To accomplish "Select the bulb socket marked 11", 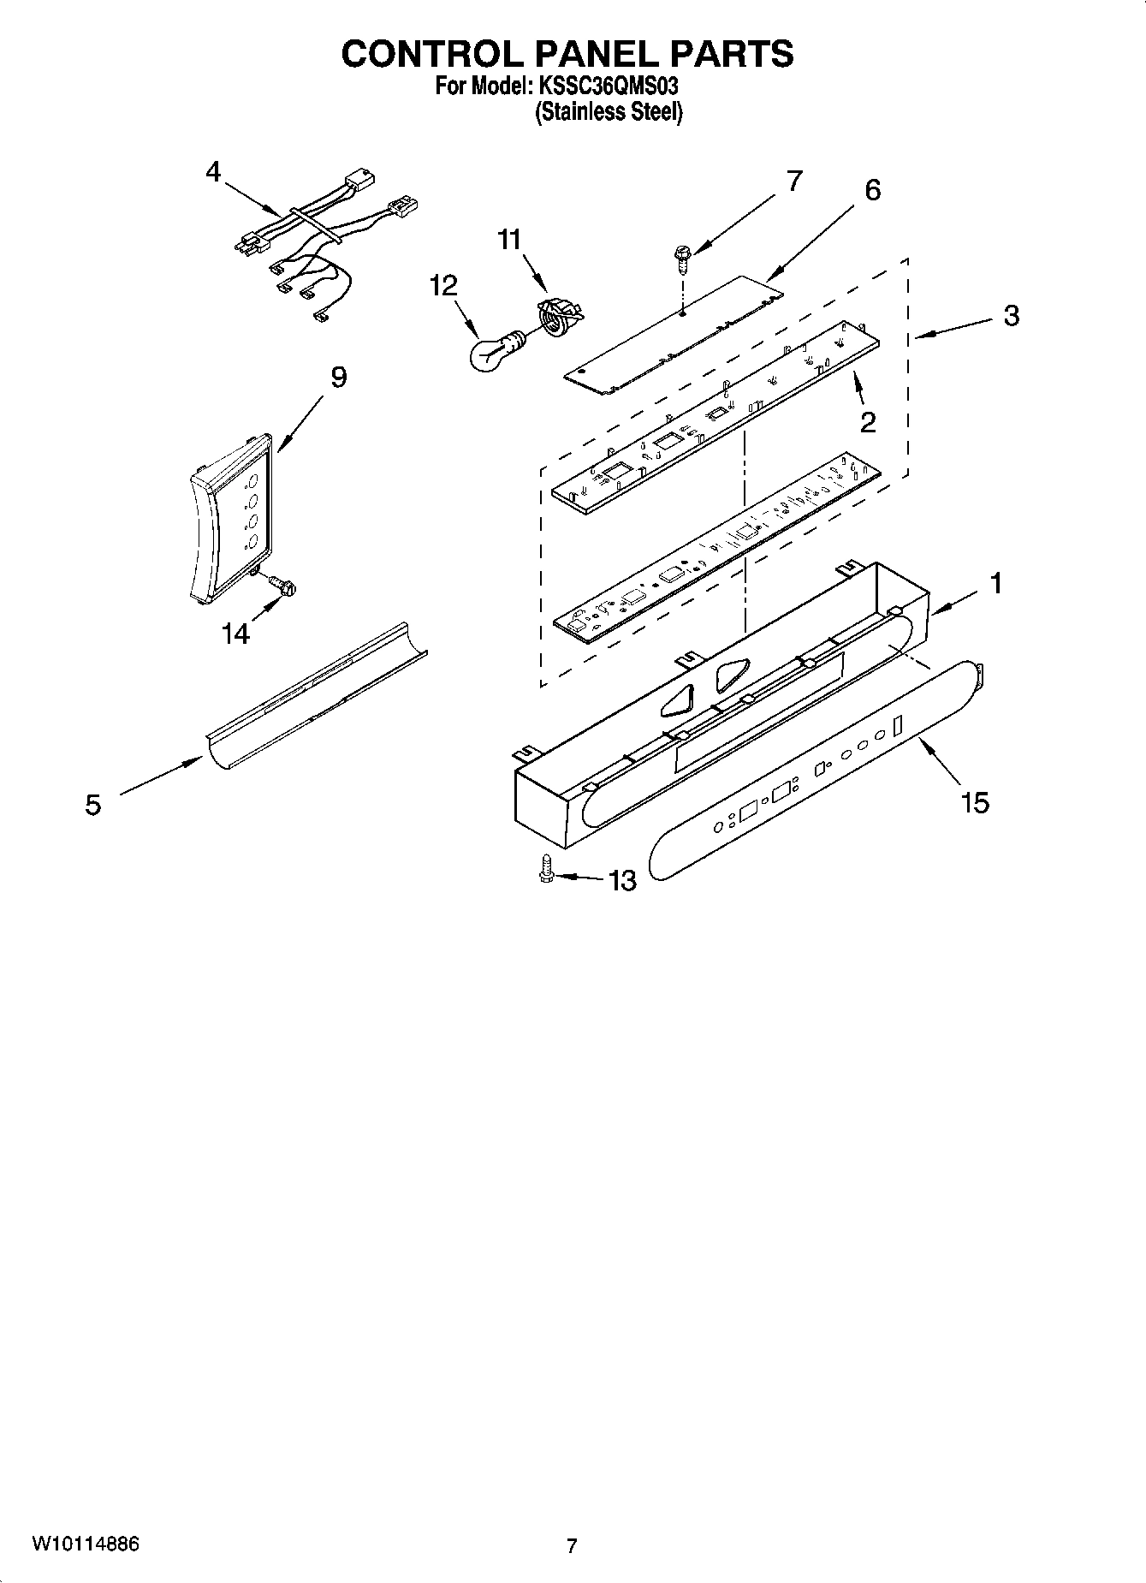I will [x=558, y=318].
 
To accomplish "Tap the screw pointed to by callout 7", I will [x=682, y=257].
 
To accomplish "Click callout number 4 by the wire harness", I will [x=213, y=172].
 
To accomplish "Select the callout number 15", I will [x=975, y=802].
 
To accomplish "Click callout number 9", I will [x=338, y=377].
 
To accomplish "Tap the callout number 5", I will [x=92, y=805].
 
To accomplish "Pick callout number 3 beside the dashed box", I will [x=1011, y=316].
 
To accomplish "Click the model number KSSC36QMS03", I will [x=609, y=86].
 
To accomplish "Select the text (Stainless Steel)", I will [x=609, y=112].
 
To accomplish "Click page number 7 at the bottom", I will [x=572, y=1546].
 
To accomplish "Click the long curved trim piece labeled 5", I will [x=317, y=693].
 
